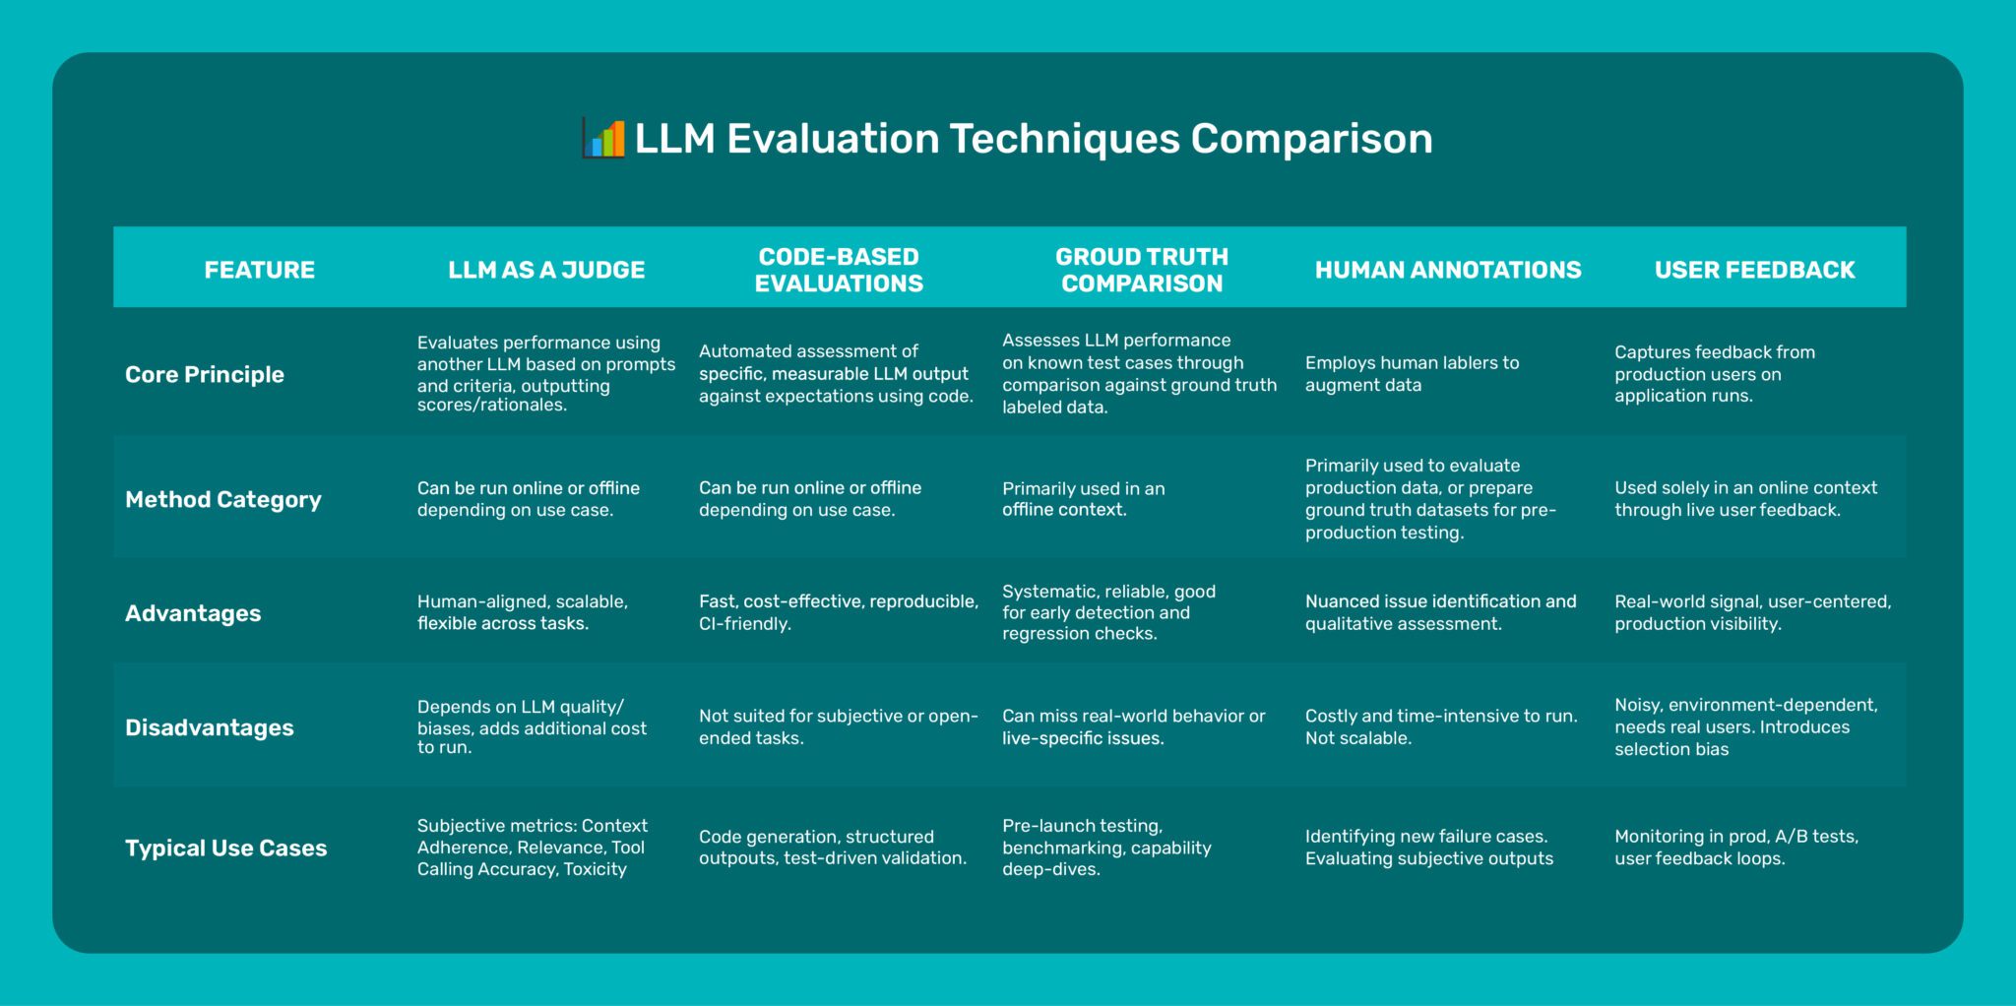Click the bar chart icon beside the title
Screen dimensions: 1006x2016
pyautogui.click(x=603, y=139)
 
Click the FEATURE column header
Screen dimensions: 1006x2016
pyautogui.click(x=259, y=270)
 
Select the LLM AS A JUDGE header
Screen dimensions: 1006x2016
pyautogui.click(x=546, y=270)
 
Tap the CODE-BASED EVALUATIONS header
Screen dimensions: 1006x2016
pyautogui.click(x=839, y=270)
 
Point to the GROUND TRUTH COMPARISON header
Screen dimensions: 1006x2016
pyautogui.click(x=1142, y=270)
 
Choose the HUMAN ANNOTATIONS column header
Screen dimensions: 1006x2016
pyautogui.click(x=1448, y=270)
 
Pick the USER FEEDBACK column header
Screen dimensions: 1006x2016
pyautogui.click(x=1754, y=270)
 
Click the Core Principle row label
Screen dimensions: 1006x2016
pyautogui.click(x=205, y=375)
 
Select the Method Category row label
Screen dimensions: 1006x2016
pyautogui.click(x=223, y=500)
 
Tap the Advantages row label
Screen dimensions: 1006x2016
pyautogui.click(x=193, y=614)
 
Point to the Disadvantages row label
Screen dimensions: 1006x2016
pyautogui.click(x=210, y=728)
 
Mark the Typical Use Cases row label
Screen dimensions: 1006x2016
pyautogui.click(x=226, y=849)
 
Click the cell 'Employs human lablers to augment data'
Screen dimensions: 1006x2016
pyautogui.click(x=1412, y=374)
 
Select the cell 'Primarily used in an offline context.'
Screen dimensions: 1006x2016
pyautogui.click(x=1083, y=499)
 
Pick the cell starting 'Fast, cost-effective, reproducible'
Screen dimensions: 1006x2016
pyautogui.click(x=838, y=612)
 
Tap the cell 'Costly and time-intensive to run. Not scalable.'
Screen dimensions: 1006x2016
pyautogui.click(x=1440, y=726)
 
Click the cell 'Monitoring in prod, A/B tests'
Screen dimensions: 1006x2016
pyautogui.click(x=1735, y=848)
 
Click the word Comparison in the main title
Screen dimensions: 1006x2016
pyautogui.click(x=1311, y=139)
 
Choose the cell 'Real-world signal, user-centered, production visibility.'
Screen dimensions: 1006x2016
pyautogui.click(x=1752, y=612)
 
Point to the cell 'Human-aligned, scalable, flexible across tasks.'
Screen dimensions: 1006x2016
pyautogui.click(x=522, y=612)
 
